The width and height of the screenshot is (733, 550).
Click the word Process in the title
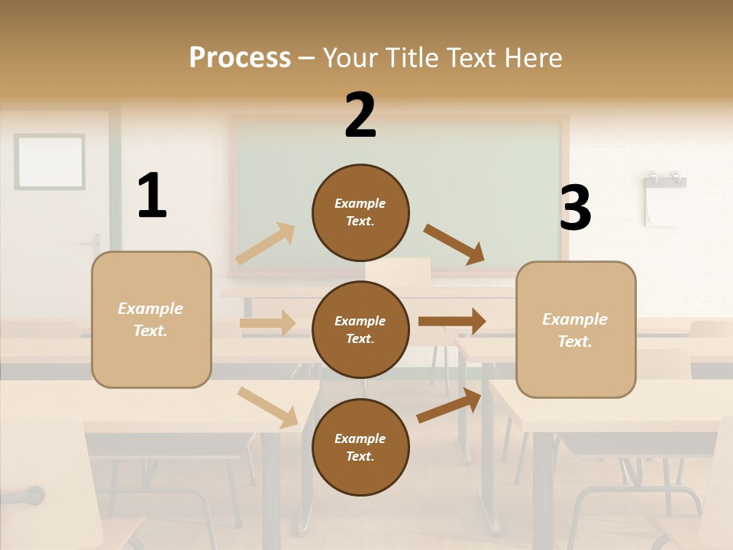[x=240, y=58]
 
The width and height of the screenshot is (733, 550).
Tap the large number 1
[x=152, y=196]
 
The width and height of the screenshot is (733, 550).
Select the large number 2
[x=360, y=115]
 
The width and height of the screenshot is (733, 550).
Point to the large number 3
[x=575, y=208]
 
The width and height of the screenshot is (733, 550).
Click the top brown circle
[x=360, y=212]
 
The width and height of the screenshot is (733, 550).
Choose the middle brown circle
[x=360, y=329]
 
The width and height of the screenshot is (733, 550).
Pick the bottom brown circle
[x=360, y=447]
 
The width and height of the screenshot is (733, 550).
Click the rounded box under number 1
[x=151, y=319]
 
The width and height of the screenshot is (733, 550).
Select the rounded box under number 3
[x=576, y=329]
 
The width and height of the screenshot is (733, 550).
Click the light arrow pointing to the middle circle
[x=267, y=323]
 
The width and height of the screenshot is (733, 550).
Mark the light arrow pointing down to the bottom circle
[x=268, y=407]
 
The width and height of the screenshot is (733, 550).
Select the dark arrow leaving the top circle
[x=454, y=244]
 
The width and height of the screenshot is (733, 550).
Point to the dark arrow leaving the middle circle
[x=452, y=322]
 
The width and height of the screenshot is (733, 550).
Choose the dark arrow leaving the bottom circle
[x=450, y=405]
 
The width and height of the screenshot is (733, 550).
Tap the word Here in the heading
[x=533, y=58]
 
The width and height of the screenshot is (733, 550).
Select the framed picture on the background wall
[x=50, y=161]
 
